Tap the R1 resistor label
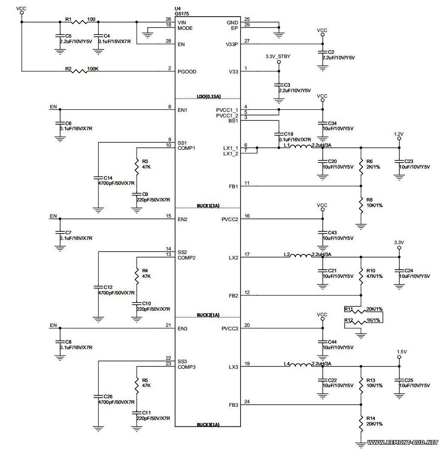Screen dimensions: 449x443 click(68, 19)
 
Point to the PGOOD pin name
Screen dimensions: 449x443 click(187, 72)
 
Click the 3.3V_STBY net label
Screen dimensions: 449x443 click(278, 56)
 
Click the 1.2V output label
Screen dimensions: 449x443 click(399, 134)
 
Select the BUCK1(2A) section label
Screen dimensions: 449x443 click(208, 206)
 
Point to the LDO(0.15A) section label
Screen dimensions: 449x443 click(208, 96)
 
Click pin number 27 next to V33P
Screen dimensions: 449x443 click(246, 41)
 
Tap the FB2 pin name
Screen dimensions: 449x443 click(234, 295)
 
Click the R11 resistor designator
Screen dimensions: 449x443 click(349, 309)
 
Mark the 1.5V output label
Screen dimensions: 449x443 click(402, 352)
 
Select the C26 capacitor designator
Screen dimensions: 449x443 click(108, 397)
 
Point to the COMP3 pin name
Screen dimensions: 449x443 click(187, 367)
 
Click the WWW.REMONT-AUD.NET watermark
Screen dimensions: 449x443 click(403, 442)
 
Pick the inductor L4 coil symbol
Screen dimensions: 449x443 click(301, 365)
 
